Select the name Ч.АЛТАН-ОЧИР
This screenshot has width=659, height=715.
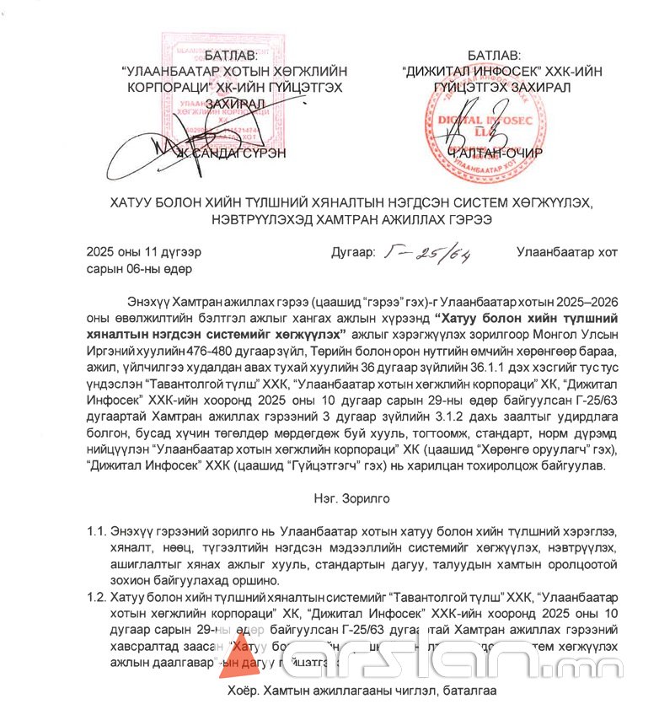point(496,153)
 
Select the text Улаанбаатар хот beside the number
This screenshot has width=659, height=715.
point(567,252)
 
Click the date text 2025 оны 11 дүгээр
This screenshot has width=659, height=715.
point(144,252)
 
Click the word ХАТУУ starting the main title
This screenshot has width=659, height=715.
point(135,202)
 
